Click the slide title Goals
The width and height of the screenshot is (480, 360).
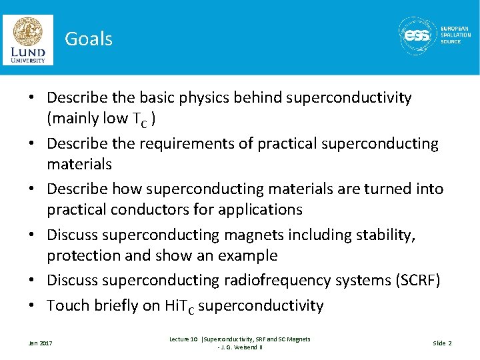(88, 39)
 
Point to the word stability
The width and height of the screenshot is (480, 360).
(382, 235)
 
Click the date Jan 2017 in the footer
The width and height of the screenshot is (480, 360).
(40, 343)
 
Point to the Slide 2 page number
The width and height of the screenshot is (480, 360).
(442, 343)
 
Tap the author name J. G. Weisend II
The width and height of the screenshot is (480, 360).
(243, 347)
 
